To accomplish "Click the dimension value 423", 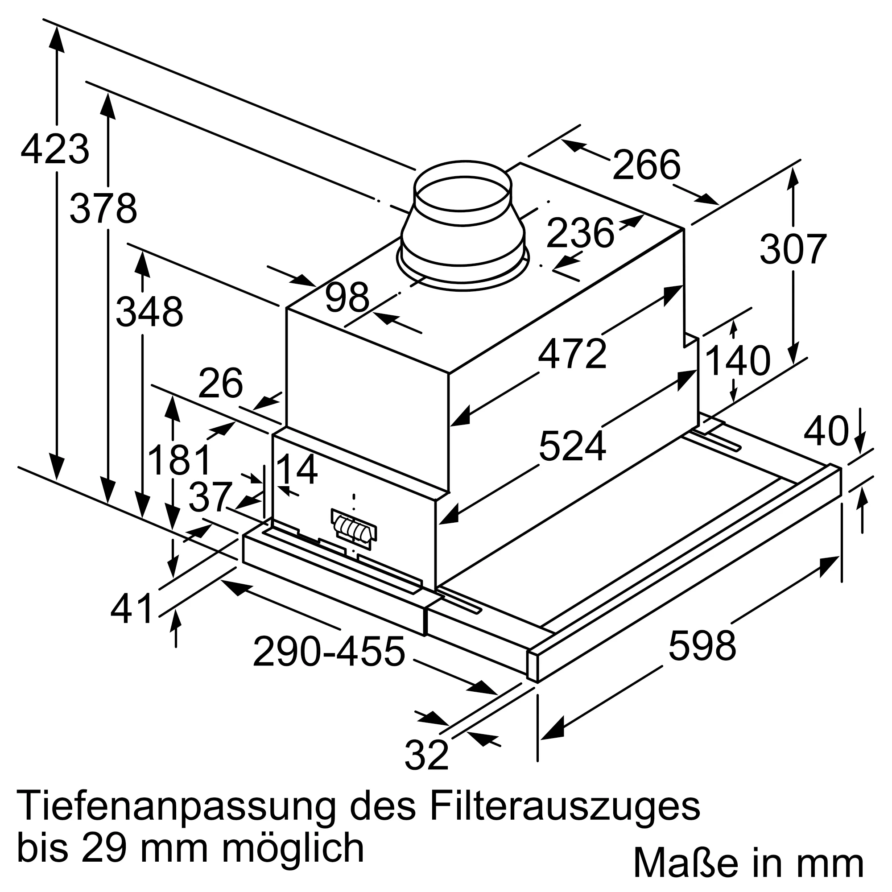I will coord(55,149).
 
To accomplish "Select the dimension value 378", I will coord(103,209).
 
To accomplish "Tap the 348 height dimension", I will coord(149,312).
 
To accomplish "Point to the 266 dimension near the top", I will coord(646,165).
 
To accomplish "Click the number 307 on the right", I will coord(793,249).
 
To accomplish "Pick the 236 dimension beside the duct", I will coord(580,233).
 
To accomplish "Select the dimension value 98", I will coord(347,297).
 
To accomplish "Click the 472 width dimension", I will coord(572,354).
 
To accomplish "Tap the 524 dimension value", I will coord(572,446).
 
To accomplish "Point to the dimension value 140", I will coord(738,360).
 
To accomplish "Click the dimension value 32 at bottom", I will coord(426,755).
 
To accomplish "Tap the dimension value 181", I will coord(180,459).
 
